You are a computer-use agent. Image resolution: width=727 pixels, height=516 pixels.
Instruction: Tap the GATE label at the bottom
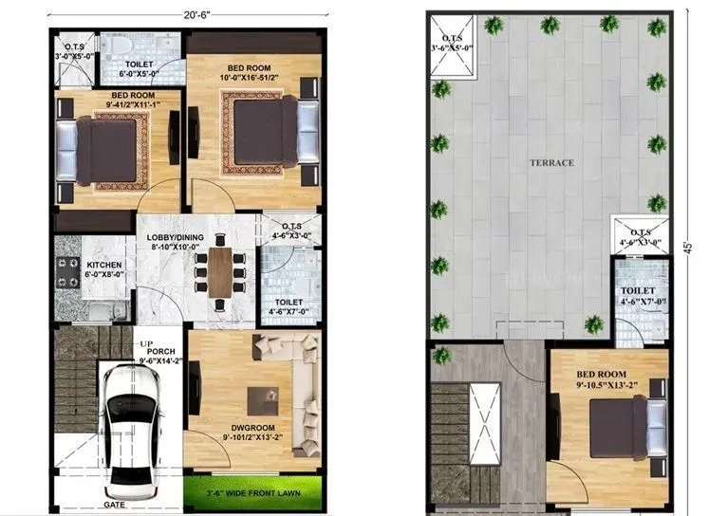click(x=115, y=505)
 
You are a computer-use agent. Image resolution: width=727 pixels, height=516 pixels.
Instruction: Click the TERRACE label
click(x=551, y=162)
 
